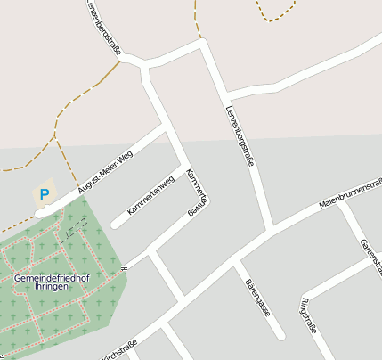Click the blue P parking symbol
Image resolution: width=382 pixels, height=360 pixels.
44,193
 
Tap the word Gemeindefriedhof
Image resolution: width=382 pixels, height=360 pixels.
51,279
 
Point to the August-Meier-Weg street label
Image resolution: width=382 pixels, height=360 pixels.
105,173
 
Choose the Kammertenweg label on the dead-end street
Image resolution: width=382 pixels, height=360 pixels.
150,196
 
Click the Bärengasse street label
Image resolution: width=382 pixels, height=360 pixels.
256,296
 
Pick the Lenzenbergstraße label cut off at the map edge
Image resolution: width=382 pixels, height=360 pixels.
102,24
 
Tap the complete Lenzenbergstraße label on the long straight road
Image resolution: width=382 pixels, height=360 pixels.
240,135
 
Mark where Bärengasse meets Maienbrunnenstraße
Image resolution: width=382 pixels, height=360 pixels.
236,259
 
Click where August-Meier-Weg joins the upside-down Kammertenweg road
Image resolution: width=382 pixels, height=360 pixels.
166,132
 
